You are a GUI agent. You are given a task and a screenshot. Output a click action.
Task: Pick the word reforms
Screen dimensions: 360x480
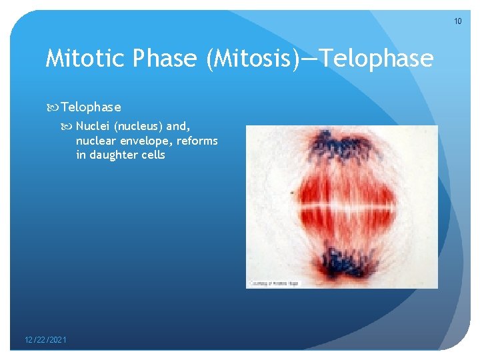197,141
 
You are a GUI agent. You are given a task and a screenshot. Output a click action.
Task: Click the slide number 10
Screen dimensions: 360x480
457,21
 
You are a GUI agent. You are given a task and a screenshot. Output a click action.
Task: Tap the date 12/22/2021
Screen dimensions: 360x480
45,340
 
